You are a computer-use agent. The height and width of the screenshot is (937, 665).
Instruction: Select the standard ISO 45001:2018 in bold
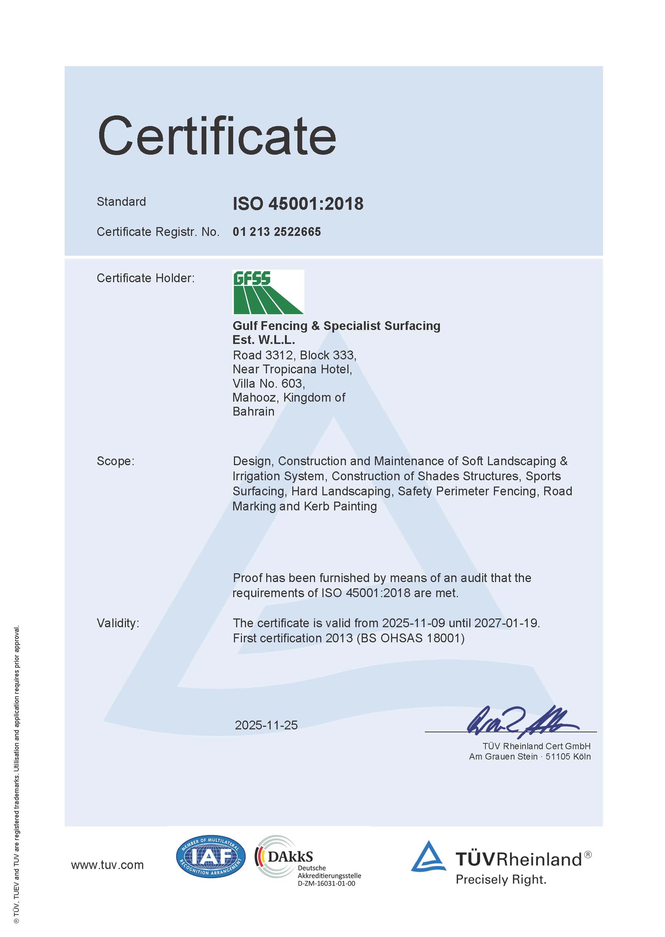pyautogui.click(x=298, y=204)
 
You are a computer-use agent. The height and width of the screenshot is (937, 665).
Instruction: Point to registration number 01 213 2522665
pyautogui.click(x=277, y=232)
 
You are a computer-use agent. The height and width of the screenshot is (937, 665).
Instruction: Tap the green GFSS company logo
pyautogui.click(x=268, y=292)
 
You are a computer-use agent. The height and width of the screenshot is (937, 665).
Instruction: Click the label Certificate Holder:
pyautogui.click(x=145, y=278)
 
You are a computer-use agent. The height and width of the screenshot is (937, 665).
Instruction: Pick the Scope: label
pyautogui.click(x=115, y=461)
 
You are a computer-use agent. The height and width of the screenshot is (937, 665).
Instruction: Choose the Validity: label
pyautogui.click(x=118, y=623)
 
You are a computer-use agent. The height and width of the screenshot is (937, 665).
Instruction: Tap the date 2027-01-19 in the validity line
pyautogui.click(x=506, y=623)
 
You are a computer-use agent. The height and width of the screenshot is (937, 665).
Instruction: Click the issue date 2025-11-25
pyautogui.click(x=266, y=725)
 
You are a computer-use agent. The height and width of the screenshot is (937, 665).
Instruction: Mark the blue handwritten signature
pyautogui.click(x=522, y=722)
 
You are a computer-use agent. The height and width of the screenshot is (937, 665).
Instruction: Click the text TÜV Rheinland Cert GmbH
pyautogui.click(x=536, y=746)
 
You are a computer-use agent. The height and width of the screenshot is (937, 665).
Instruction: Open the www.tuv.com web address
pyautogui.click(x=107, y=865)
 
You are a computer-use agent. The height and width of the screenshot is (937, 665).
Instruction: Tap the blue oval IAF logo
pyautogui.click(x=210, y=857)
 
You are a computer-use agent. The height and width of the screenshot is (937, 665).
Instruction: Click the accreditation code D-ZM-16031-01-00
pyautogui.click(x=326, y=883)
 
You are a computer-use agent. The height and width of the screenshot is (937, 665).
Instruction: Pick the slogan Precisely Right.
pyautogui.click(x=501, y=879)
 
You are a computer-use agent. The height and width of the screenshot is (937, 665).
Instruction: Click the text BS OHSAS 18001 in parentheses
pyautogui.click(x=410, y=638)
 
